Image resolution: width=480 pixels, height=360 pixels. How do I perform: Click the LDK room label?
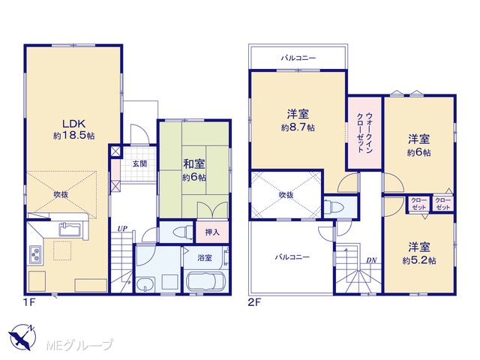coord(73,124)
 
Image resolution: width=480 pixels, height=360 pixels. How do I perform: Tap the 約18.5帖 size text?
coord(73,136)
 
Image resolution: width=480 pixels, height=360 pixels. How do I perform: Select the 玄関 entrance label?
coord(139,163)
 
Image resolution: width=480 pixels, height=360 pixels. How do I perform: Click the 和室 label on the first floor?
coord(194,164)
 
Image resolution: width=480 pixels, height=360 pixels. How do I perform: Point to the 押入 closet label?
coord(212,232)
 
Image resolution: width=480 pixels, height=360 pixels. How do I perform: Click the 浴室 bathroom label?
coord(205,258)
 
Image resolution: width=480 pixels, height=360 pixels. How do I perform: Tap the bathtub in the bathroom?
coord(205,281)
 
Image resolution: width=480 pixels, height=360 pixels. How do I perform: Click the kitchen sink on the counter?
coord(70,229)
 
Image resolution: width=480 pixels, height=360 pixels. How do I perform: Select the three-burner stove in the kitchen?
coord(35,254)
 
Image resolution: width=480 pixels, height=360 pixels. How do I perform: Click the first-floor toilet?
coord(183,232)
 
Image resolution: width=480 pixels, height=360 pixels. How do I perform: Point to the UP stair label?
coord(123,229)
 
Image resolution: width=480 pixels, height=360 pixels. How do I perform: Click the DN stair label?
coord(371,260)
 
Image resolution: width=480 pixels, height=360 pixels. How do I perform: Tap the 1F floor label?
coord(30,303)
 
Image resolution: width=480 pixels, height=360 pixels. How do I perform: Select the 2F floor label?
coord(254,303)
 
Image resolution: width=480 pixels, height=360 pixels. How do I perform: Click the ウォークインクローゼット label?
coord(364,133)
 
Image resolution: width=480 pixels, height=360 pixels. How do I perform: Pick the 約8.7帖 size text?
coord(298,127)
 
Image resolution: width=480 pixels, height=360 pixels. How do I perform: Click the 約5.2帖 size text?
coord(419,260)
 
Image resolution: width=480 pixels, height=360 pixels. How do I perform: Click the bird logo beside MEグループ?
coord(22,337)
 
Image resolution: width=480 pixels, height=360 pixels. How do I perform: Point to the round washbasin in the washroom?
coord(145,284)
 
